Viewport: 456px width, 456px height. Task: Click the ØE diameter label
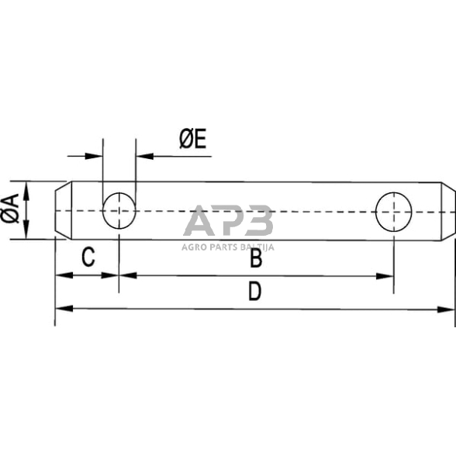pos(192,140)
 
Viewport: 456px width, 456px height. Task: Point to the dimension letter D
pos(254,292)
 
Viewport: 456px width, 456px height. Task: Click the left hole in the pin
pos(119,210)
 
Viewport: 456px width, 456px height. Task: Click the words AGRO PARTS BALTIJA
pos(228,248)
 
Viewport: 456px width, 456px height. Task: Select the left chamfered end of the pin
pos(61,210)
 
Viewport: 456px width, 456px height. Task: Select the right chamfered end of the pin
pos(448,210)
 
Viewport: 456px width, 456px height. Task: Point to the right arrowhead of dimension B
pos(388,275)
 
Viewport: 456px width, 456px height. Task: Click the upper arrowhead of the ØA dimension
pos(26,187)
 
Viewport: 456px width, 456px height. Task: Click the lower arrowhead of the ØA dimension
pos(26,234)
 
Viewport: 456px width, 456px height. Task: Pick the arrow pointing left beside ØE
pos(143,156)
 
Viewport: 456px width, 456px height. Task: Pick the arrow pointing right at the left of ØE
pos(96,156)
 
